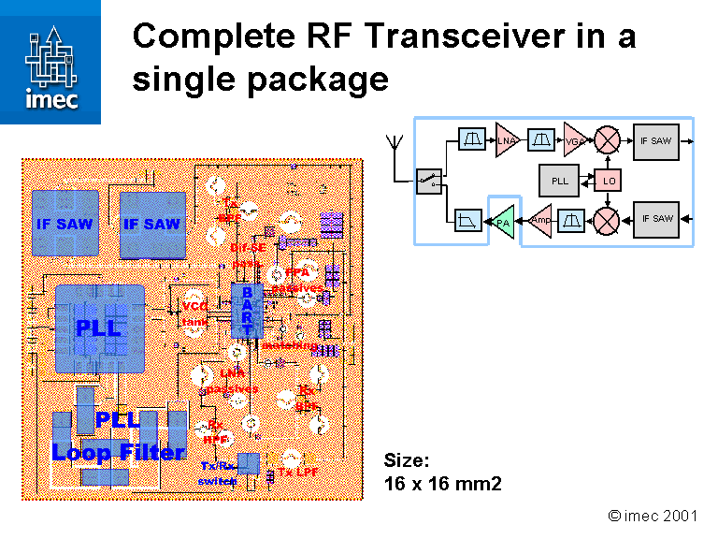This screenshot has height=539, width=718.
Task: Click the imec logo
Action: click(51, 62)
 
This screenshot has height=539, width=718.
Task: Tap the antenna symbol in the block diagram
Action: click(394, 145)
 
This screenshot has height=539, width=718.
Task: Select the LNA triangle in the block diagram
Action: click(506, 140)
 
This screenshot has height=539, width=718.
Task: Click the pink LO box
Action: click(609, 180)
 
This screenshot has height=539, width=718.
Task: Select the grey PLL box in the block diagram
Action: click(560, 180)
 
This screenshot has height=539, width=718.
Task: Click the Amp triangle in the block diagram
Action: click(540, 220)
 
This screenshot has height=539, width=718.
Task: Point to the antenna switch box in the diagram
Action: click(429, 180)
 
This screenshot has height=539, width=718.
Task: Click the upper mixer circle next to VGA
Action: click(609, 140)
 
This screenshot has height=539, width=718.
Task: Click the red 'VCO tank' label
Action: click(195, 313)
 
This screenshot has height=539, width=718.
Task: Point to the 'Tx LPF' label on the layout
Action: click(298, 473)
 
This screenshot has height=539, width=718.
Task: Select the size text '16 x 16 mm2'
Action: click(443, 484)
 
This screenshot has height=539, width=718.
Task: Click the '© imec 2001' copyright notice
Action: click(652, 516)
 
